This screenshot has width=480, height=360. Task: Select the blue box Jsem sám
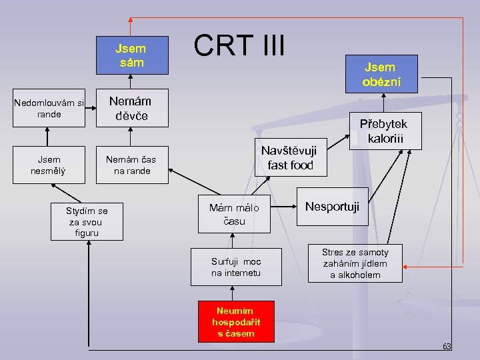tap(130, 55)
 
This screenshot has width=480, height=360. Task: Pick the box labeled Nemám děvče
tap(130, 109)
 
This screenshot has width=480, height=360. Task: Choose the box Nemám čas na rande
tap(130, 165)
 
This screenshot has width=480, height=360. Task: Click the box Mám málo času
tap(234, 214)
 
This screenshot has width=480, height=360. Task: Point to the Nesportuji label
tap(332, 207)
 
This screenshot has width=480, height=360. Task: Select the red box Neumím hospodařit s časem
tap(236, 321)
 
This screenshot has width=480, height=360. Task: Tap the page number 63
tap(446, 346)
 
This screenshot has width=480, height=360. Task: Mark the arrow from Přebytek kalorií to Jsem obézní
tap(382, 103)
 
